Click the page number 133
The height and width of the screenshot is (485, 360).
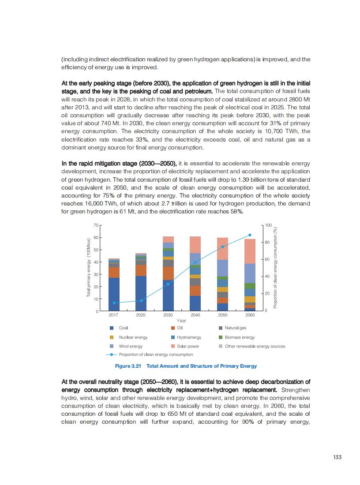coord(337,457)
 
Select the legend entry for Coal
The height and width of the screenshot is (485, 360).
coord(124,328)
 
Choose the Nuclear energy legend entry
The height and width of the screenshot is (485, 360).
coord(133,337)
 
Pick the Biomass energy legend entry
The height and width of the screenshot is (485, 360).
coord(240,337)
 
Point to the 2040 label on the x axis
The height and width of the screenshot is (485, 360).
coord(195,315)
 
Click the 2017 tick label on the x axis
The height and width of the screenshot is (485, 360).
coord(113,315)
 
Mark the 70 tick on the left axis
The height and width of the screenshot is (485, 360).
coord(96,225)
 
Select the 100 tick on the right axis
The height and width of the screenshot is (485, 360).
coord(268,225)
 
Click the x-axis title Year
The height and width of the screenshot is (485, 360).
coord(181,321)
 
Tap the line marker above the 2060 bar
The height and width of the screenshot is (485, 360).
coord(250,235)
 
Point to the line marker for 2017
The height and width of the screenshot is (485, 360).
coord(114,303)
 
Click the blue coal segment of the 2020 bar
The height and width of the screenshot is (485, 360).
coord(141,293)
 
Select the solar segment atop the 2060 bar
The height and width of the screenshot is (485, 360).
coord(250,251)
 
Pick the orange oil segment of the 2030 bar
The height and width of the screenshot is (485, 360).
coord(168,273)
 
